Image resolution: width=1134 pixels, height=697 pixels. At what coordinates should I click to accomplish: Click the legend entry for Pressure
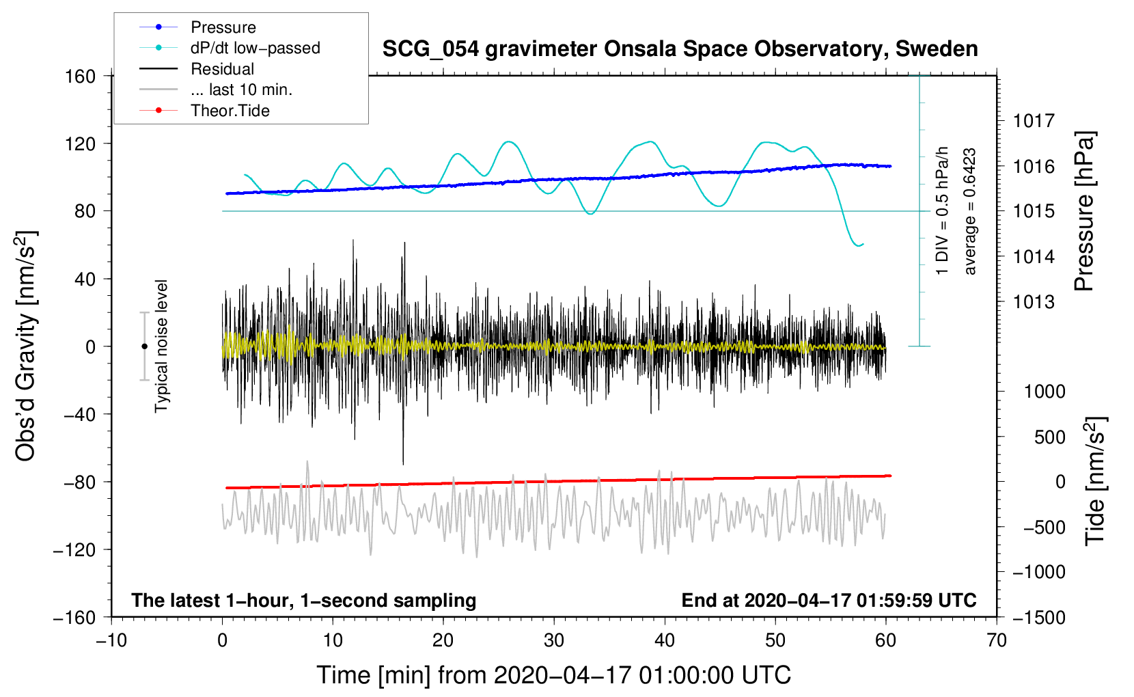click(x=223, y=27)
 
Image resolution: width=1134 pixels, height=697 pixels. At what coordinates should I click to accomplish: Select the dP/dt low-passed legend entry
click(x=255, y=48)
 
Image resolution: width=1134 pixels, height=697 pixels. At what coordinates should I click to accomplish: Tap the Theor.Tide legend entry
click(x=230, y=111)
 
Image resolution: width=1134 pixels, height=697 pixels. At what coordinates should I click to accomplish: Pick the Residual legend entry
click(x=222, y=69)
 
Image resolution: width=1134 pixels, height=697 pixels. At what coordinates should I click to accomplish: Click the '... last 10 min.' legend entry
click(x=241, y=90)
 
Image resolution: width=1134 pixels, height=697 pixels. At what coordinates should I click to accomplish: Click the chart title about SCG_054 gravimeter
click(x=680, y=49)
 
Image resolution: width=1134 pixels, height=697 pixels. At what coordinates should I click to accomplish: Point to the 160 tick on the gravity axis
click(x=81, y=76)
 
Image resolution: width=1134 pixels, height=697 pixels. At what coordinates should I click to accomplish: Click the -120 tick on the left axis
click(x=74, y=549)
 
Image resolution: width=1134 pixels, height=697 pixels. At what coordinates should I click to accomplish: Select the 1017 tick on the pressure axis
click(x=1034, y=121)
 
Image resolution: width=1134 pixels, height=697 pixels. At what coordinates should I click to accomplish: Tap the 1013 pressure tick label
click(x=1034, y=301)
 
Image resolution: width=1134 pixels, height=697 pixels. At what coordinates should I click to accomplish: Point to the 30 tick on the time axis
click(x=553, y=640)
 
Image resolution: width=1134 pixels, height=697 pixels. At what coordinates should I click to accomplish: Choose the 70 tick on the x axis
click(x=997, y=640)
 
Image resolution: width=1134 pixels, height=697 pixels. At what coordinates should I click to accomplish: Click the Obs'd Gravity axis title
click(x=25, y=346)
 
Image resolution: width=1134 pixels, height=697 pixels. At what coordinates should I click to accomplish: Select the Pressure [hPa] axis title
click(x=1085, y=211)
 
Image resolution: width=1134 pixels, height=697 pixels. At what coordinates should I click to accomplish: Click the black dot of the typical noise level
click(x=144, y=346)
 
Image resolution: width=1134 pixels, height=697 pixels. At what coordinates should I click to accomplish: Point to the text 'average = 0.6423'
click(x=970, y=212)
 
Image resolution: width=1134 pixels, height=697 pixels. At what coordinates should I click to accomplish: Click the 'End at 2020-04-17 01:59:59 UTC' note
click(x=829, y=600)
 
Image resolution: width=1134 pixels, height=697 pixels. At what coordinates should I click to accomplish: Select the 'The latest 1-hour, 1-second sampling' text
click(x=304, y=600)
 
